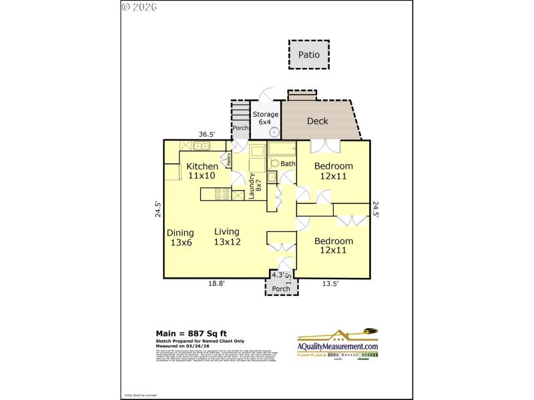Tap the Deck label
pyautogui.click(x=317, y=121)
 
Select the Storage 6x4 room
pyautogui.click(x=265, y=118)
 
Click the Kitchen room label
pyautogui.click(x=202, y=171)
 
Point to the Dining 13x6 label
pyautogui.click(x=180, y=237)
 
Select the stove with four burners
pyautogui.click(x=222, y=195)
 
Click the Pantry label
pyautogui.click(x=228, y=158)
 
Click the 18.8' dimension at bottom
pyautogui.click(x=216, y=283)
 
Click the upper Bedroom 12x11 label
pyautogui.click(x=334, y=171)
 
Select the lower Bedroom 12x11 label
pyautogui.click(x=334, y=245)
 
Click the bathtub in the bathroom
pyautogui.click(x=281, y=149)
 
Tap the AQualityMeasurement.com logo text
pyautogui.click(x=338, y=347)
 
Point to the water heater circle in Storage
pyautogui.click(x=274, y=132)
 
